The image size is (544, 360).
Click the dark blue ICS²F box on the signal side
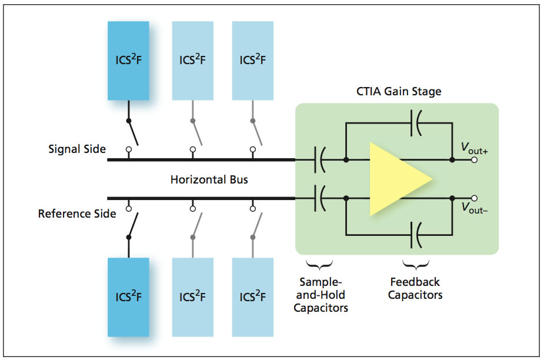(128, 61)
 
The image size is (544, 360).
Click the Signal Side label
(77, 149)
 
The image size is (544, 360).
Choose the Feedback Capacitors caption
(415, 288)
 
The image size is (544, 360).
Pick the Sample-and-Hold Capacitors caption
(321, 295)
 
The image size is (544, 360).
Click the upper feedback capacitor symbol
(416, 125)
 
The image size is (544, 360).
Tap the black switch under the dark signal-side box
(132, 132)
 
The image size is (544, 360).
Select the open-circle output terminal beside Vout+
(475, 159)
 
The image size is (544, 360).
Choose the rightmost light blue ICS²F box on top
(252, 61)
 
